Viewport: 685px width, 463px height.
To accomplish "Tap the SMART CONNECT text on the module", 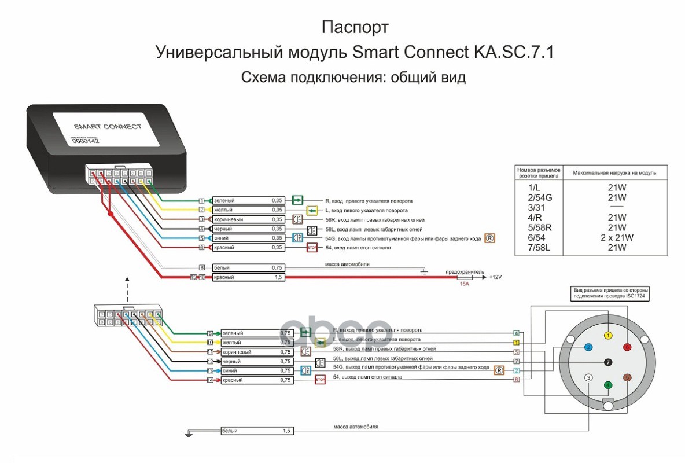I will coord(108,126).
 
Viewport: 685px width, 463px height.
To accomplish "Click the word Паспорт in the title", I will coord(355,27).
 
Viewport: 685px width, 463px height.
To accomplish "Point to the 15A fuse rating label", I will coord(465,284).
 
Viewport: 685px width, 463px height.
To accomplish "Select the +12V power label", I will coord(496,277).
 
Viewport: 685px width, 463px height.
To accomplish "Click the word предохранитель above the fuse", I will coord(464,271).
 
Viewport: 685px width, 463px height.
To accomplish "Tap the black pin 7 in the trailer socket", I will coord(607,362).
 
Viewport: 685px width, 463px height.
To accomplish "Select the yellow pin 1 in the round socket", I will coord(607,335).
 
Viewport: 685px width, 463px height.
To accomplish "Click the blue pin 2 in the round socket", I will coord(588,347).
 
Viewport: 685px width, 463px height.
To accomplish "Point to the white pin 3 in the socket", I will coord(588,377).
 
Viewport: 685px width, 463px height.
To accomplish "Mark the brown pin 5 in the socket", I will coord(627,377).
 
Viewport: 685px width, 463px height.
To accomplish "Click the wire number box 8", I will coord(202,268).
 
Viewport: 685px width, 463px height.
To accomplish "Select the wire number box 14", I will coord(210,380).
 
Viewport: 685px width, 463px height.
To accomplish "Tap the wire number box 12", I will coord(210,362).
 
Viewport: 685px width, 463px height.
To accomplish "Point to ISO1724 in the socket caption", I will coord(634,296).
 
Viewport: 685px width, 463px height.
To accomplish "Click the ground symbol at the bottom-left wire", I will coord(189,432).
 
